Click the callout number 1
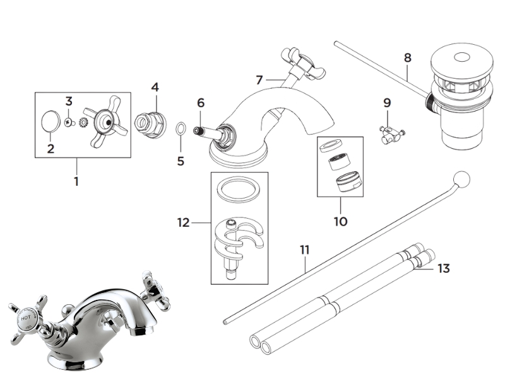coord(76,181)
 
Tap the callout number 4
coord(155,87)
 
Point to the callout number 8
coord(407,57)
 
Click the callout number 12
coord(183,222)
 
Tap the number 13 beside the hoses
coord(444,269)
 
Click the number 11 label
coord(305,250)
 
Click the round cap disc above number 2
coord(51,122)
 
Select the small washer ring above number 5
coord(180,129)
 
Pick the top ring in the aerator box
coord(335,146)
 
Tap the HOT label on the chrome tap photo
coord(27,319)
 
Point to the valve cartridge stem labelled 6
coord(200,130)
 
